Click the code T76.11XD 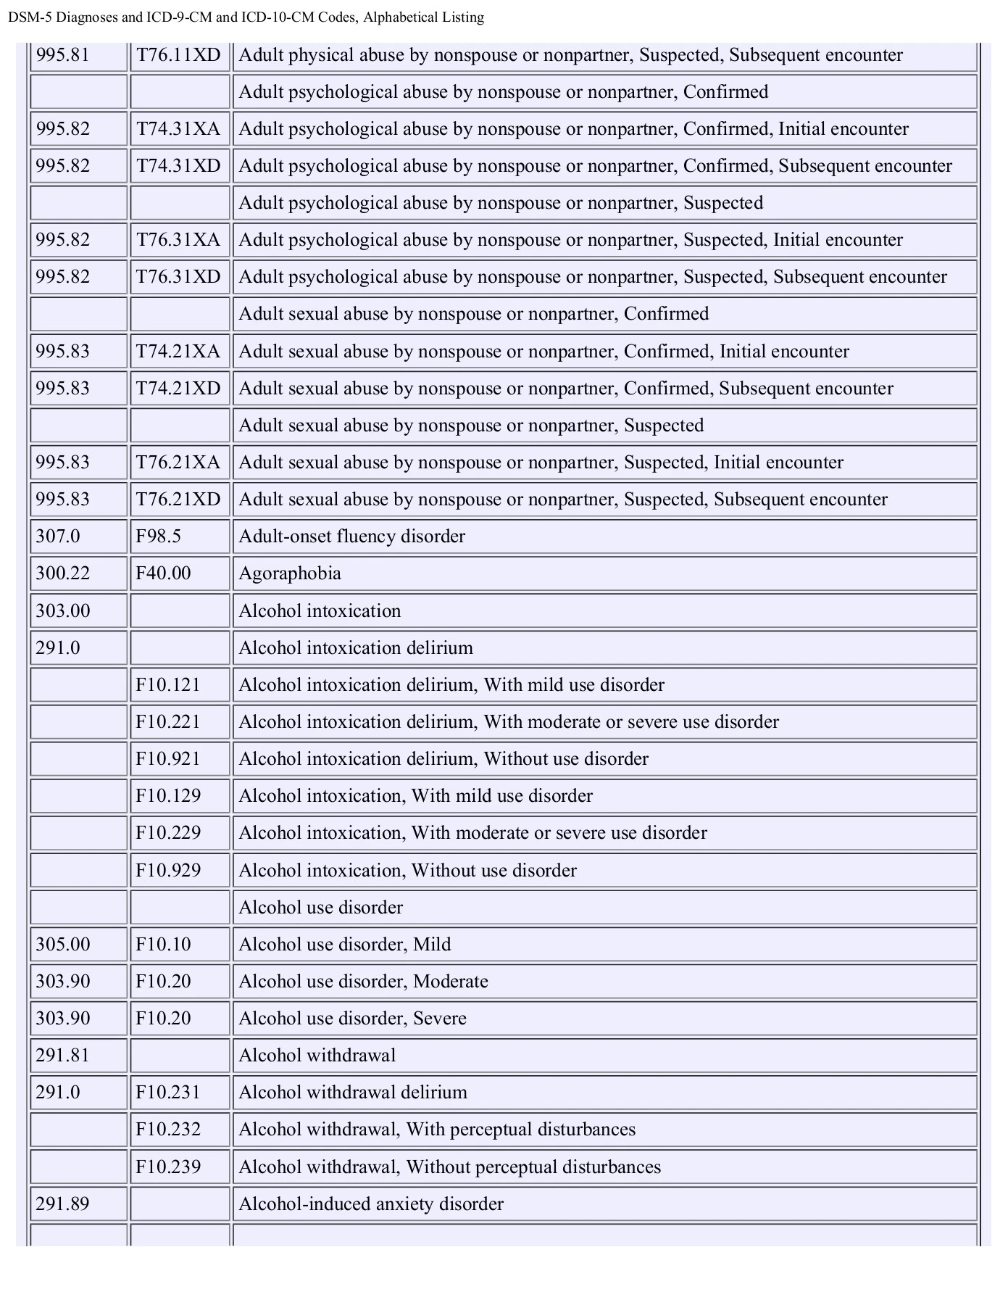pyautogui.click(x=178, y=55)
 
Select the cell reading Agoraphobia pyautogui.click(x=290, y=573)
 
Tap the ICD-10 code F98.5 pyautogui.click(x=158, y=536)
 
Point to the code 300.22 pyautogui.click(x=63, y=573)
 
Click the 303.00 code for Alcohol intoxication pyautogui.click(x=63, y=610)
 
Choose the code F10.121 pyautogui.click(x=168, y=685)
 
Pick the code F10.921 pyautogui.click(x=168, y=759)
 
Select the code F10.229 pyautogui.click(x=168, y=833)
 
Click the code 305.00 pyautogui.click(x=63, y=944)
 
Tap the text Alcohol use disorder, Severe pyautogui.click(x=352, y=1019)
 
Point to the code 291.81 pyautogui.click(x=63, y=1056)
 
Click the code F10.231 pyautogui.click(x=168, y=1093)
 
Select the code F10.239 pyautogui.click(x=168, y=1167)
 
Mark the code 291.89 pyautogui.click(x=63, y=1204)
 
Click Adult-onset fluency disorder pyautogui.click(x=351, y=536)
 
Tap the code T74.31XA pyautogui.click(x=178, y=129)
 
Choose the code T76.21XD pyautogui.click(x=178, y=500)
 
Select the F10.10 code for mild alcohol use pyautogui.click(x=163, y=944)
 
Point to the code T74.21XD pyautogui.click(x=178, y=389)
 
